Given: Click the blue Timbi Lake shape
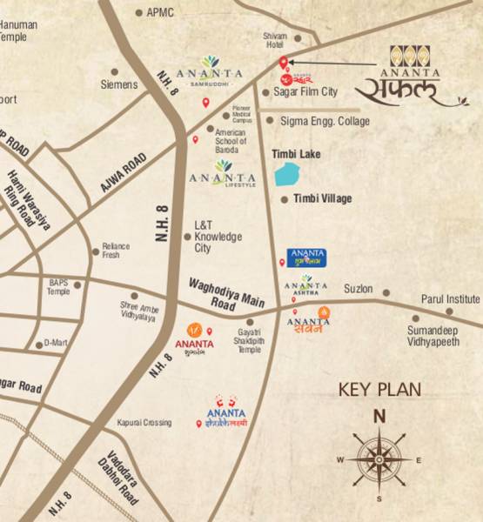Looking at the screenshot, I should tap(285, 175).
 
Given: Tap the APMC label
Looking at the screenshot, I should tap(160, 12).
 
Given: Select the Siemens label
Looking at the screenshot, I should tap(119, 84).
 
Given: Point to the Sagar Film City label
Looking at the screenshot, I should tap(305, 91).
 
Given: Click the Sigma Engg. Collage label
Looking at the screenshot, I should tap(324, 121).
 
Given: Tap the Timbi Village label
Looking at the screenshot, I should tap(322, 199).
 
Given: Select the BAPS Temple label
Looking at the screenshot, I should tap(58, 287).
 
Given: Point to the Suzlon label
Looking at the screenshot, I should tap(359, 288).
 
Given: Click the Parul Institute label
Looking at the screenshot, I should tap(451, 298).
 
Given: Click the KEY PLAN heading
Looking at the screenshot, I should tap(379, 389).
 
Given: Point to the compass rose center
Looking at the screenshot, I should tap(379, 458).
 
